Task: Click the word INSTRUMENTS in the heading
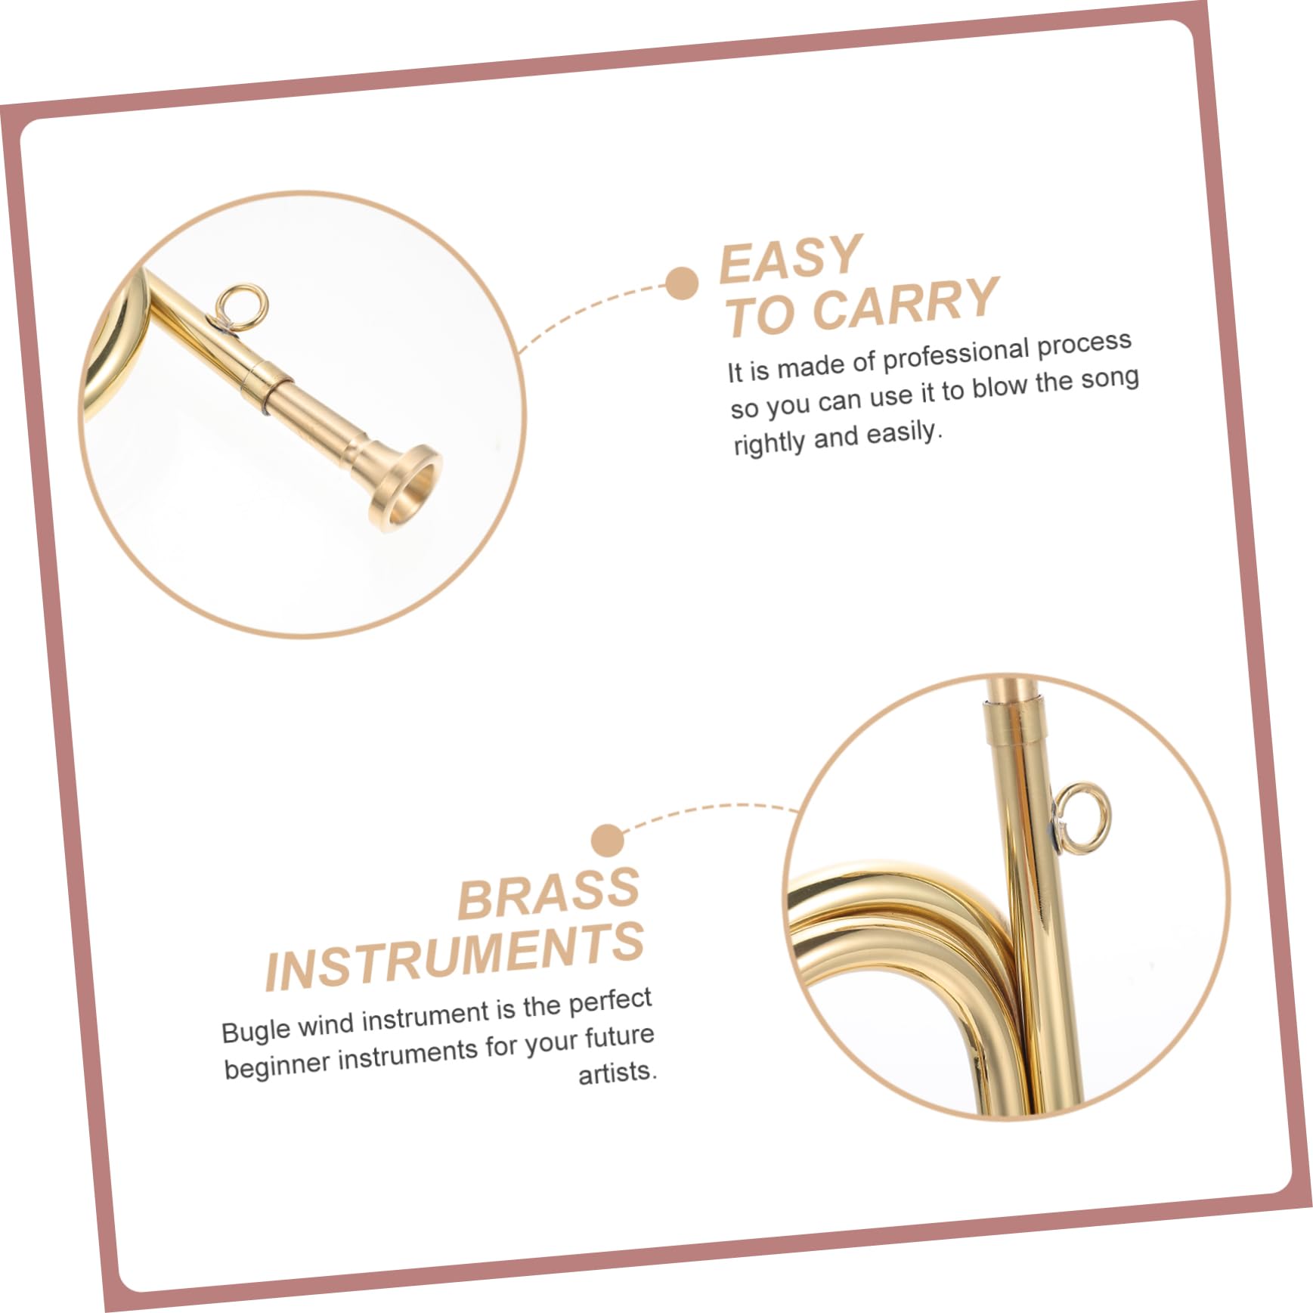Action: [x=454, y=957]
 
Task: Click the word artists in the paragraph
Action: [x=617, y=1073]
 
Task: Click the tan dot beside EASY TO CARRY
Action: [x=682, y=283]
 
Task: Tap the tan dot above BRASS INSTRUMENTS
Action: [x=608, y=840]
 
